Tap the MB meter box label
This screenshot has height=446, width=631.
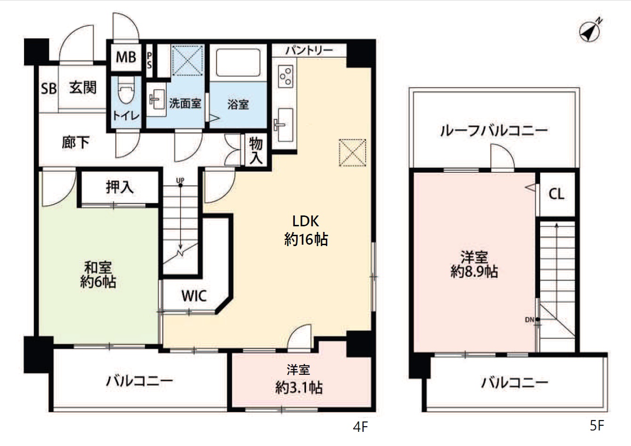coord(126,57)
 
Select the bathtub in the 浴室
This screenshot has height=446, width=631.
coord(238,62)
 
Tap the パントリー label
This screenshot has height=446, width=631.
coord(309,50)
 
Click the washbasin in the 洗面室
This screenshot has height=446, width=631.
coord(157,99)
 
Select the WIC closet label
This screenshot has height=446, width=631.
coord(194,296)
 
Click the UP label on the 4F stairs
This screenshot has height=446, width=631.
coord(180,180)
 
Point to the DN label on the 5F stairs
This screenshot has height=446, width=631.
coord(530,320)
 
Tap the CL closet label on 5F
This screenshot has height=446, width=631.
coord(556,194)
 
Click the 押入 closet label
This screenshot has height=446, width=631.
coord(120,187)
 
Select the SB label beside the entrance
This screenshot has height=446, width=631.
coord(49,88)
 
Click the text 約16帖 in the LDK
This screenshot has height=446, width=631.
coord(306,239)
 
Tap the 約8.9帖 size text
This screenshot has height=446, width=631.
coord(474,272)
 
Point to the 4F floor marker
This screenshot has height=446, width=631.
coord(361,427)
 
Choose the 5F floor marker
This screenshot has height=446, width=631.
coord(597,426)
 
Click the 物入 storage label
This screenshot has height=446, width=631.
coord(256,151)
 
